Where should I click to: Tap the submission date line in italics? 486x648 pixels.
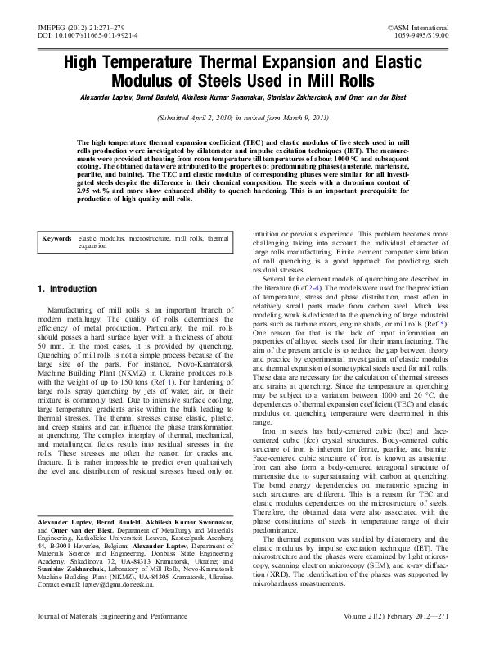tap(243, 119)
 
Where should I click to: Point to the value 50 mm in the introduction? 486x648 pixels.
tap(53, 346)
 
